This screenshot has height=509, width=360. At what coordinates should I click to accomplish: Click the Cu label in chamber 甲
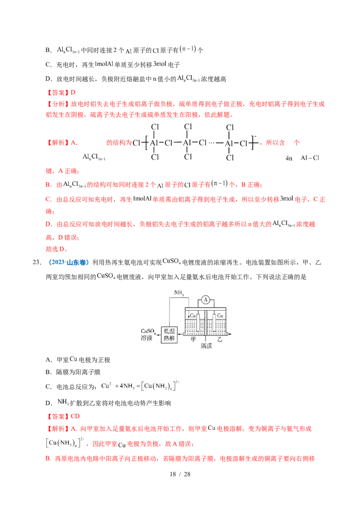pos(193,316)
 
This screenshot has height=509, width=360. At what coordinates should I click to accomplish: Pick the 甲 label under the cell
pos(193,340)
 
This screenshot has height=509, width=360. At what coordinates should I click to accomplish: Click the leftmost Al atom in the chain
pos(154,143)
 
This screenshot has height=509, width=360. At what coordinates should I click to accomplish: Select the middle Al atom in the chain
pos(189,143)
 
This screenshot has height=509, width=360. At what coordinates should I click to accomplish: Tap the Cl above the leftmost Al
pos(154,127)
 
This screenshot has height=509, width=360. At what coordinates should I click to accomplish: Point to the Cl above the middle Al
pos(189,127)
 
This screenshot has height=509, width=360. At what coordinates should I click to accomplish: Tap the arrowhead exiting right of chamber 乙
pos(230,335)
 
